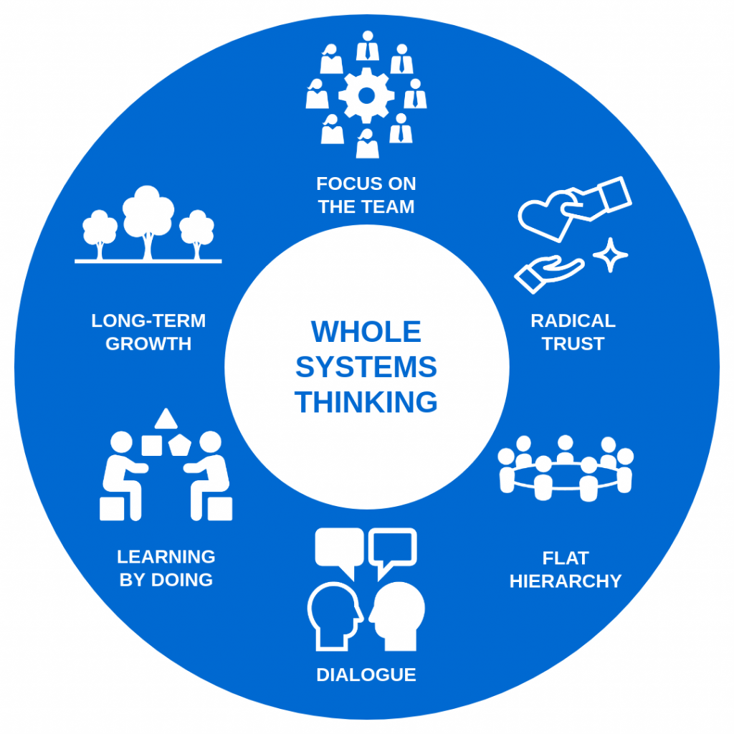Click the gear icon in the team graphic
tap(366, 95)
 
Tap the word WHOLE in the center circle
tap(366, 333)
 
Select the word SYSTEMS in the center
tap(366, 368)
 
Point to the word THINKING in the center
tap(366, 402)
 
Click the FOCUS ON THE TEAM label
tap(366, 195)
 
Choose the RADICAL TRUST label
tap(573, 332)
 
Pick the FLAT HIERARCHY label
tap(565, 569)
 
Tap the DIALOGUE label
tap(366, 675)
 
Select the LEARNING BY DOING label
tap(166, 568)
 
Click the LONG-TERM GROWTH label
tap(148, 332)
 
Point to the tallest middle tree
tap(148, 215)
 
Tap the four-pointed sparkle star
tap(610, 255)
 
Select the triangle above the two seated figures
tap(166, 418)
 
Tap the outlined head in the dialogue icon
tap(334, 615)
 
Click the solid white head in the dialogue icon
tap(398, 614)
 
